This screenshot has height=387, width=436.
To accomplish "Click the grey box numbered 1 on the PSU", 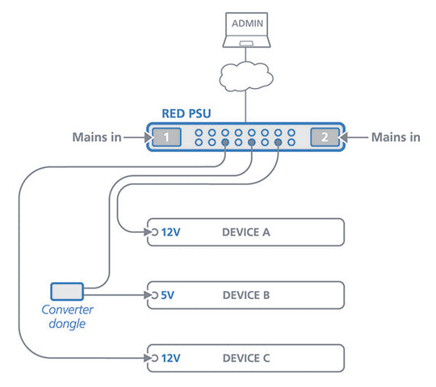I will pyautogui.click(x=166, y=137).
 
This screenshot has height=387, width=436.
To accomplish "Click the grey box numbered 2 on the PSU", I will pyautogui.click(x=324, y=137).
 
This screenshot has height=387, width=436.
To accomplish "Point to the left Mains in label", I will pyautogui.click(x=95, y=137).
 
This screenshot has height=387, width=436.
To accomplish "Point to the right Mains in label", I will pyautogui.click(x=395, y=137).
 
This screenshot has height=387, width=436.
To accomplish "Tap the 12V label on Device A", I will pyautogui.click(x=170, y=233).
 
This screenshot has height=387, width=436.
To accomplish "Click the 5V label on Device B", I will pyautogui.click(x=167, y=295).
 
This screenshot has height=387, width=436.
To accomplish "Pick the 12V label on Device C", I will pyautogui.click(x=170, y=357).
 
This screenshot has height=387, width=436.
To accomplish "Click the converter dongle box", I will pyautogui.click(x=67, y=289).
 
